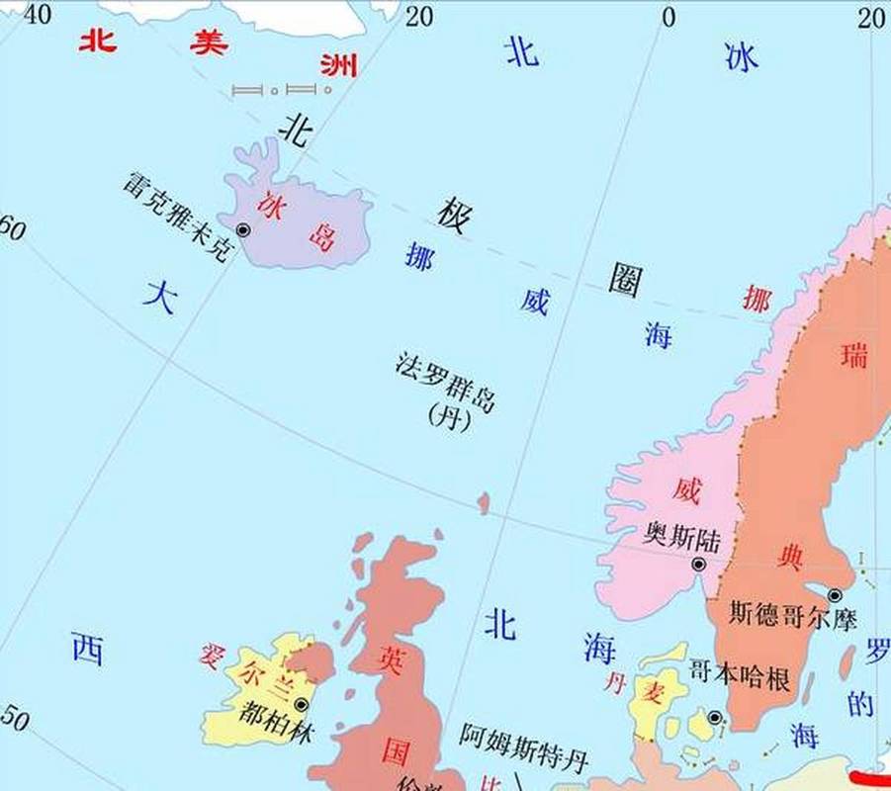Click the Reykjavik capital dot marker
tap(243, 229)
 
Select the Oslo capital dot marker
tap(698, 565)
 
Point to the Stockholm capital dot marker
tap(835, 595)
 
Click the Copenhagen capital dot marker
tap(714, 718)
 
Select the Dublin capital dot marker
tap(301, 704)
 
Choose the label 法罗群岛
tap(444, 384)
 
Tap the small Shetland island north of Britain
tap(484, 503)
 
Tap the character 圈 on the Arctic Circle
tap(625, 282)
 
